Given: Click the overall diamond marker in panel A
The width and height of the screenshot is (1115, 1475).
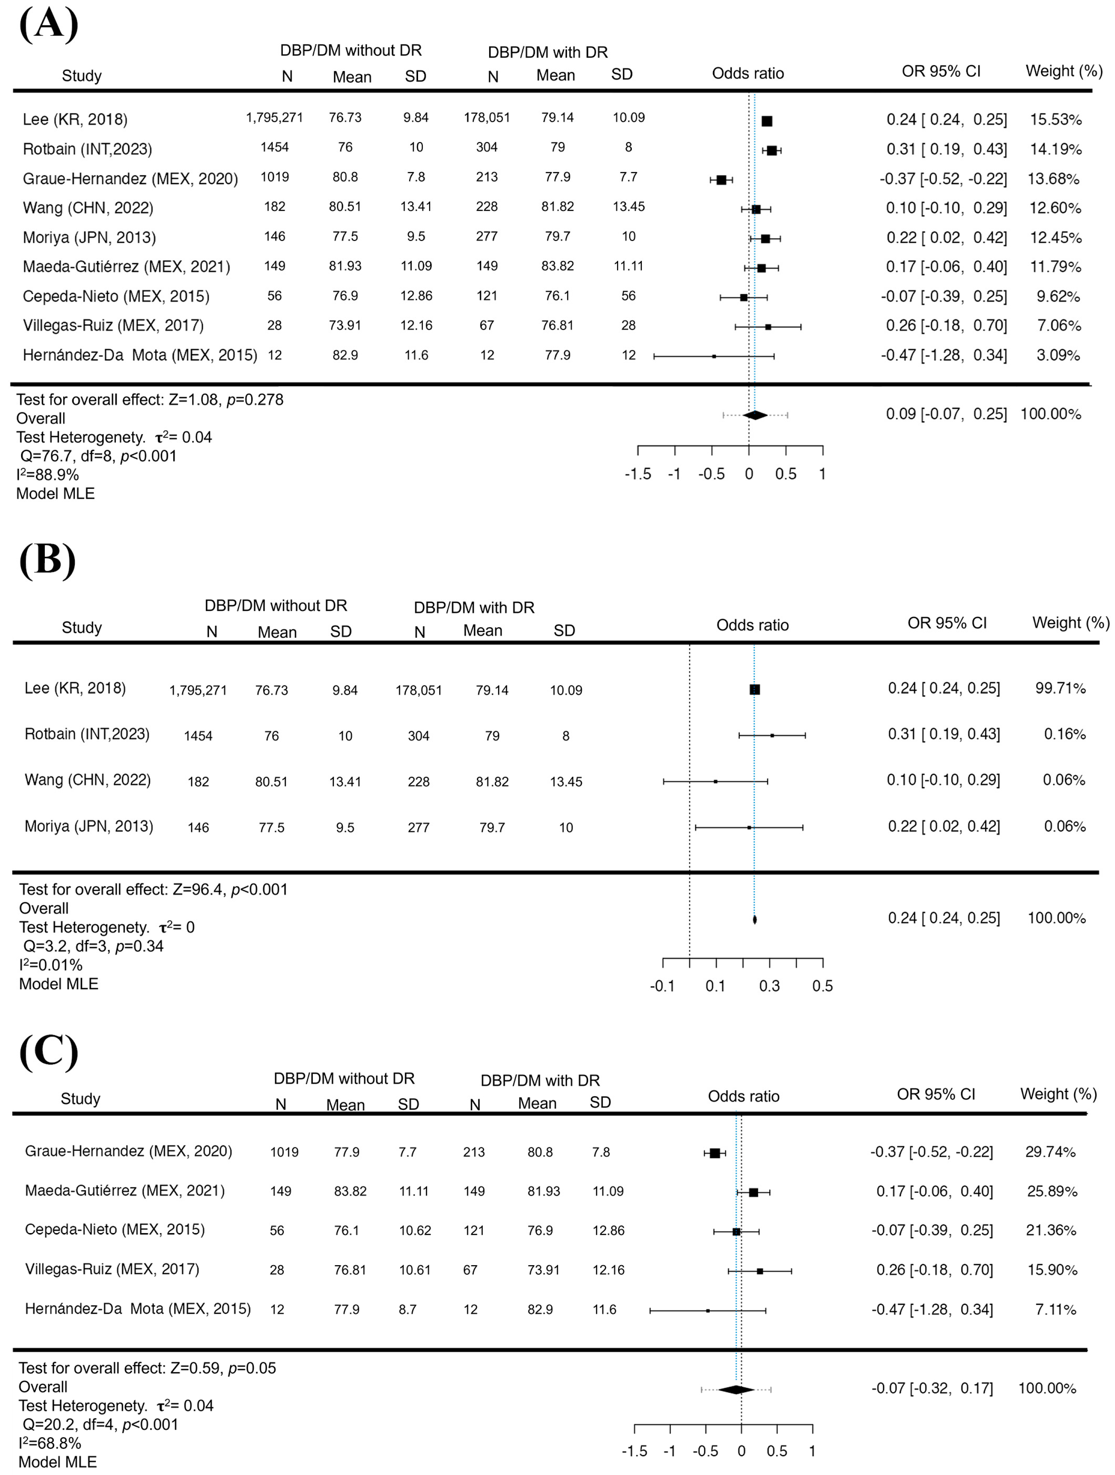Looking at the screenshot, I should pyautogui.click(x=755, y=415).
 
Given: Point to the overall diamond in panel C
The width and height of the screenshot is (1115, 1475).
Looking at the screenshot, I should pyautogui.click(x=736, y=1384).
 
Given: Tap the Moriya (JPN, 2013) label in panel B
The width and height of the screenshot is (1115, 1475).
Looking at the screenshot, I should pyautogui.click(x=89, y=826).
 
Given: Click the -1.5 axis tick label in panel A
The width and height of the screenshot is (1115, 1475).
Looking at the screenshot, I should pyautogui.click(x=638, y=474).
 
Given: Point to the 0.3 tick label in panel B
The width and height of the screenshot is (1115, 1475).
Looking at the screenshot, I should pyautogui.click(x=769, y=985).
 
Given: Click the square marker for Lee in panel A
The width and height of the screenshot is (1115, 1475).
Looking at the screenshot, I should pyautogui.click(x=766, y=121).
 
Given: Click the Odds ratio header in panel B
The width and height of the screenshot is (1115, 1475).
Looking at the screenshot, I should pyautogui.click(x=752, y=625).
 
